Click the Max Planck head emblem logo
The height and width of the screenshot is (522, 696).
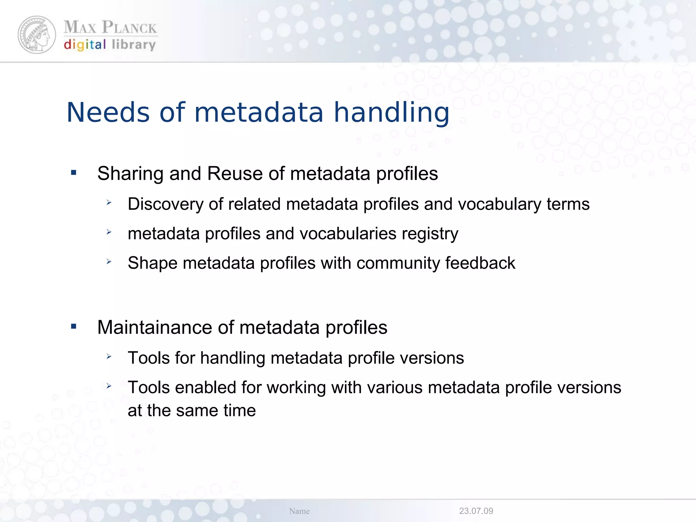click(37, 35)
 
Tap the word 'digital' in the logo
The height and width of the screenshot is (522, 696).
click(85, 45)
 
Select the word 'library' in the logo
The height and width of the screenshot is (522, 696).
click(134, 45)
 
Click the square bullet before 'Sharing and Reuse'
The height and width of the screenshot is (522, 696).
click(74, 173)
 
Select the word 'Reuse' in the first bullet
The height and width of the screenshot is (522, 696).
click(235, 174)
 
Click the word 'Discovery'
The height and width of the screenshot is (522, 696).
click(166, 204)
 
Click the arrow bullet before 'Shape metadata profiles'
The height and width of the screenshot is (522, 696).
click(109, 262)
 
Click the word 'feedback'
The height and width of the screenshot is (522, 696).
click(480, 263)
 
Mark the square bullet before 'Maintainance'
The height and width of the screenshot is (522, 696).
click(74, 327)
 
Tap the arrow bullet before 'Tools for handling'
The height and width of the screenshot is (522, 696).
click(109, 356)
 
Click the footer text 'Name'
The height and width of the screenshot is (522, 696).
click(299, 511)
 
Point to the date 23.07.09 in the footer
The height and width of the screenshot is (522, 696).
click(476, 511)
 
